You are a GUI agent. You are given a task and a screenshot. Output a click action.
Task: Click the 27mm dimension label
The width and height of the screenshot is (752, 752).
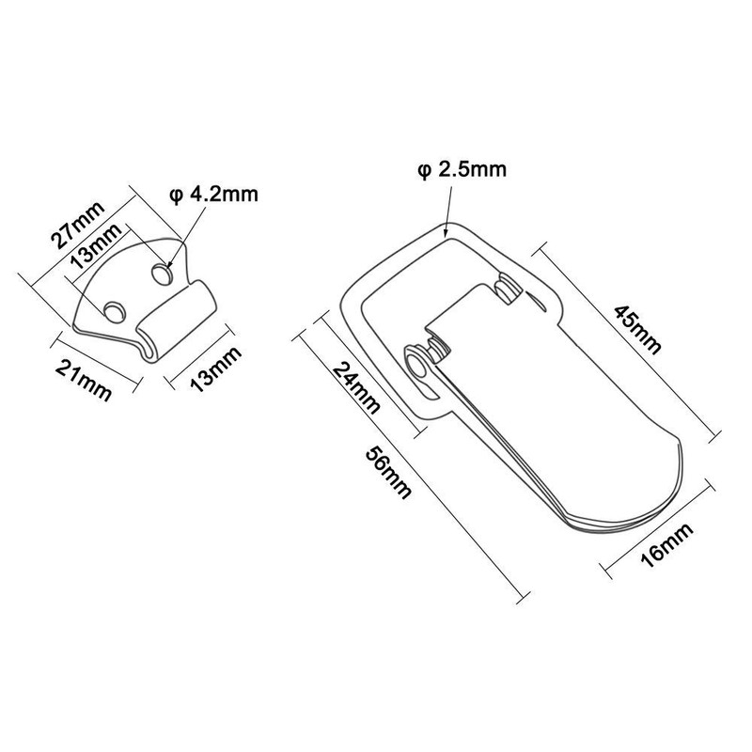[x=78, y=225]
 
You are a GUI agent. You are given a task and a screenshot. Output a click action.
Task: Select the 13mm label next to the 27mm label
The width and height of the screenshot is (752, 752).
[x=96, y=246]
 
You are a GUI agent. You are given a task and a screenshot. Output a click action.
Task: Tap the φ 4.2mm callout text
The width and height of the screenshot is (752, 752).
[x=214, y=196]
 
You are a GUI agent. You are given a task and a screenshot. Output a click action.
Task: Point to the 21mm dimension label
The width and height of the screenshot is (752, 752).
[x=84, y=381]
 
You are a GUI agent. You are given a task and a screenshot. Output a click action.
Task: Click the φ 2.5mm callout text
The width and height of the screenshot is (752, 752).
[x=462, y=170]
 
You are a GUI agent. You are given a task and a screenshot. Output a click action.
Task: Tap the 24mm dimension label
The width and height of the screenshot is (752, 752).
[x=356, y=388]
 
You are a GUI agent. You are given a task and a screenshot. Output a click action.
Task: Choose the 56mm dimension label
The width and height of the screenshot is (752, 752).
[x=388, y=473]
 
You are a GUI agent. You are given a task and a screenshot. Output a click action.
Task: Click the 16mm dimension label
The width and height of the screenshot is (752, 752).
[x=666, y=545]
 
